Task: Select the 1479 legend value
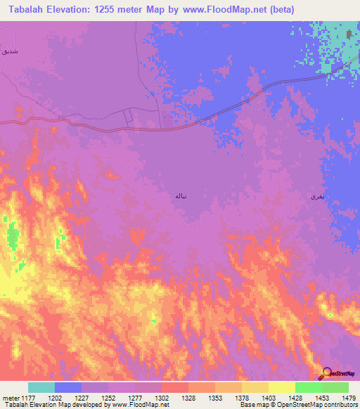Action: click(x=347, y=398)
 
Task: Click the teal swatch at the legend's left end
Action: click(x=41, y=387)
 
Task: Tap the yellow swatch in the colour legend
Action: click(x=282, y=387)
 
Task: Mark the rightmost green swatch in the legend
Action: click(x=335, y=387)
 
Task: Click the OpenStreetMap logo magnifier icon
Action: click(x=326, y=373)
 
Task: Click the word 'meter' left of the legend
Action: click(x=11, y=398)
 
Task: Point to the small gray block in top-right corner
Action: click(x=349, y=33)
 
